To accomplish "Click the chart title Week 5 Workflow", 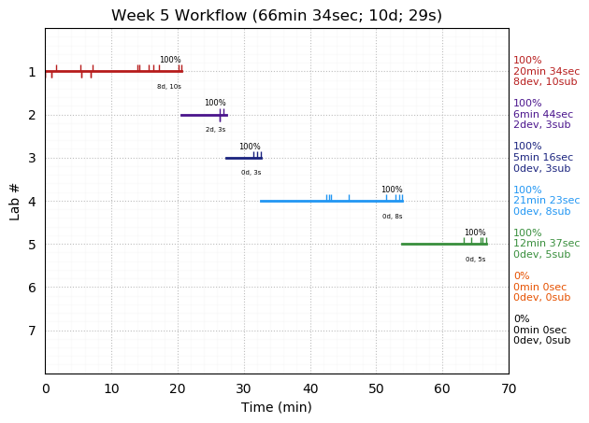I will coord(277,16).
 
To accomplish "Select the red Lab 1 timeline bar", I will coord(112,71).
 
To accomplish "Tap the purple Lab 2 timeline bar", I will coord(201,115).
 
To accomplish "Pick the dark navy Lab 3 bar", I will coord(241,158).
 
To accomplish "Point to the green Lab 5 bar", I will coord(439,244).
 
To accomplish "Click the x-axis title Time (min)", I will coord(277,407).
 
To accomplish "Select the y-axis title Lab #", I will coord(15,201).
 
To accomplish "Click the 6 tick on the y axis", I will coord(32,288).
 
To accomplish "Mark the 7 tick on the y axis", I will coord(32,331).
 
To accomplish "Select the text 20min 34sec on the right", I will coord(546,72).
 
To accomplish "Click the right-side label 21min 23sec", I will coord(546,201).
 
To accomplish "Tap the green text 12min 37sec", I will coord(546,244).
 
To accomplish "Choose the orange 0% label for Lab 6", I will coord(521,276).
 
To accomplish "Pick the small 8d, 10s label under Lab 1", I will coord(169,87).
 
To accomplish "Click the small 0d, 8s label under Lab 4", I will coord(392,217).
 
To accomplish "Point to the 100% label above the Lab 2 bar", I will coord(215,103).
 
